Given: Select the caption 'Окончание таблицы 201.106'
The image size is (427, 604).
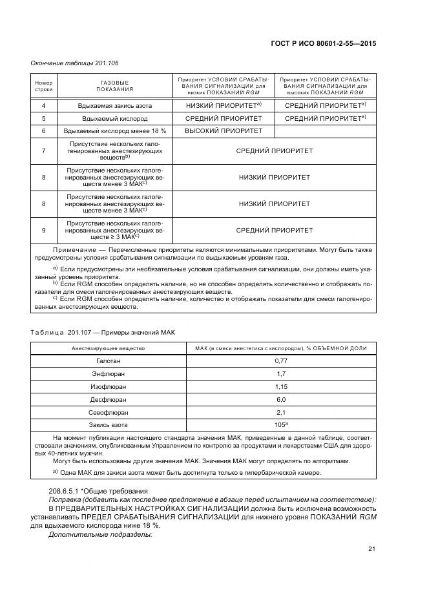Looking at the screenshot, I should tap(74, 63).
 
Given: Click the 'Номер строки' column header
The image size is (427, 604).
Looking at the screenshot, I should tap(43, 86).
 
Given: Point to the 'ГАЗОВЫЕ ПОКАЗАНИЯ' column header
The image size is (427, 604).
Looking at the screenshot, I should tap(114, 86).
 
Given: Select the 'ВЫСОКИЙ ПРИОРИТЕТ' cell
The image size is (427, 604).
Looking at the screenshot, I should tap(224, 131).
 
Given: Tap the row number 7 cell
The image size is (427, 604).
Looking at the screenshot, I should tap(43, 151).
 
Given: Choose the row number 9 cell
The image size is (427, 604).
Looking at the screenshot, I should tap(43, 229).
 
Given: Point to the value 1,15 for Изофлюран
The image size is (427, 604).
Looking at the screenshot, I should tap(280, 386).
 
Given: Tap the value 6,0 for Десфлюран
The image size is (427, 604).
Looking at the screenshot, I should tap(280, 399).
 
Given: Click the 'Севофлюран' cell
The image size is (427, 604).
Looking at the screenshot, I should tap(108, 412).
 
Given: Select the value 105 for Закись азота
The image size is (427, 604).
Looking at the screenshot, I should tap(279, 425).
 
